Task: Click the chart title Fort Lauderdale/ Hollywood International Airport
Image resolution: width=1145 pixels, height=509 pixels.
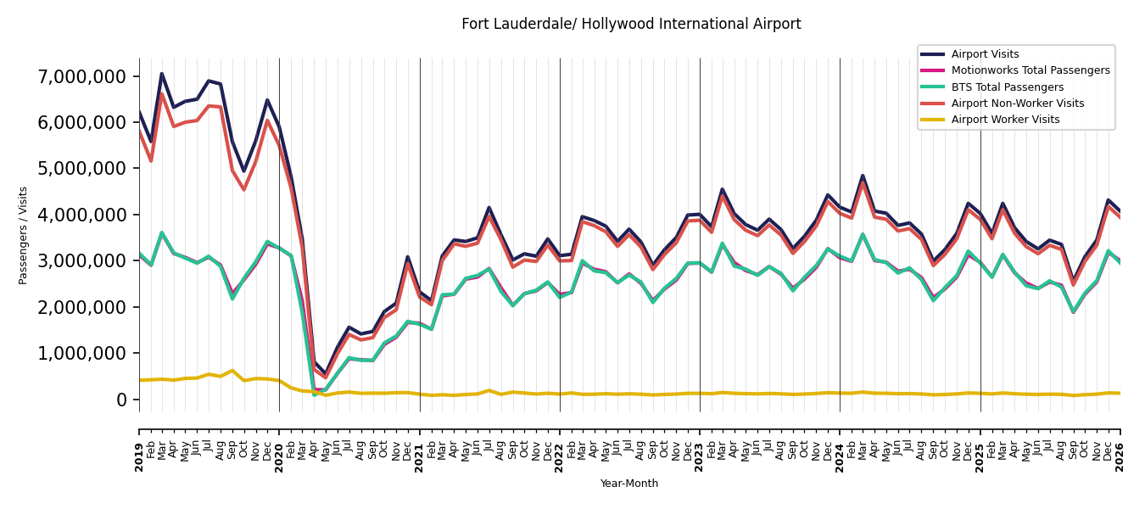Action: [631, 24]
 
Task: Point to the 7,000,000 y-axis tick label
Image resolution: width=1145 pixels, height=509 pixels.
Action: [81, 76]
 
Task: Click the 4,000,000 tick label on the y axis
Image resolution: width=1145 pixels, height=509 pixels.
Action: [81, 215]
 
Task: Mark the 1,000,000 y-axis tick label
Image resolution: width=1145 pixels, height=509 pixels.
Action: [81, 353]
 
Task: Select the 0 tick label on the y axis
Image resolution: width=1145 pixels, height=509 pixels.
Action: [121, 400]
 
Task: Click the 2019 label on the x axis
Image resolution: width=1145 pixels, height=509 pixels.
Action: [139, 457]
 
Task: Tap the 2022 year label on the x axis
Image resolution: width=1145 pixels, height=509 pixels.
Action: [560, 457]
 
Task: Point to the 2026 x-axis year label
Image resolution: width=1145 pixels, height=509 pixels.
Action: [1120, 457]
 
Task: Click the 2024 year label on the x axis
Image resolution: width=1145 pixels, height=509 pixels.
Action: [840, 457]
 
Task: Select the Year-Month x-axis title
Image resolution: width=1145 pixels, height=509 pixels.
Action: [629, 484]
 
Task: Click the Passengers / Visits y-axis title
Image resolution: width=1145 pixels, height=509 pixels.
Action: [23, 236]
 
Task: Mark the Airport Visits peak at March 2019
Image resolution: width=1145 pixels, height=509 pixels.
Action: [162, 74]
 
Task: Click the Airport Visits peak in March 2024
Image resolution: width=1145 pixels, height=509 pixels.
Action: [863, 176]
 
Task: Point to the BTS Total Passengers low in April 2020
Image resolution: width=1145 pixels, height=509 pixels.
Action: [315, 394]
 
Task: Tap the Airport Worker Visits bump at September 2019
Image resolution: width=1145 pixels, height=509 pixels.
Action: [232, 371]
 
